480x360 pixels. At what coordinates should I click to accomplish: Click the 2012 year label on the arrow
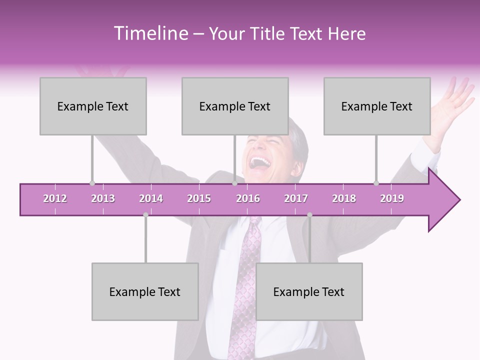point(55,198)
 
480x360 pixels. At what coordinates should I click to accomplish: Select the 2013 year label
point(103,198)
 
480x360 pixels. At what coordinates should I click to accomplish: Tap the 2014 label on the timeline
point(151,198)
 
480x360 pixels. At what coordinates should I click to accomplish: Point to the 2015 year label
point(199,198)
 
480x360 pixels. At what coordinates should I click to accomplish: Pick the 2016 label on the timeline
point(248,198)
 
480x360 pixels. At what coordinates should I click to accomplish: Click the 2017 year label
point(296,198)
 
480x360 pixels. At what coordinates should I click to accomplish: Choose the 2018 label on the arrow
point(344,198)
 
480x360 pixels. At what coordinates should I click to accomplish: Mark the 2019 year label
point(392,198)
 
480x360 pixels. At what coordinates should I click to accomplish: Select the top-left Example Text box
point(93,106)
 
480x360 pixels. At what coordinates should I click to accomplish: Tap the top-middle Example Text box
point(235,106)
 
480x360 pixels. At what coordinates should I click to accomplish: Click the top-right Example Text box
point(377,106)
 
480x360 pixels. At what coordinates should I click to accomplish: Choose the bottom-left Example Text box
point(145,291)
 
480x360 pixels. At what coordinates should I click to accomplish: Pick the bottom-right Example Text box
point(309,291)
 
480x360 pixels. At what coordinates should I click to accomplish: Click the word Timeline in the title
point(150,33)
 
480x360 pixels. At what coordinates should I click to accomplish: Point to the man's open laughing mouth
point(260,163)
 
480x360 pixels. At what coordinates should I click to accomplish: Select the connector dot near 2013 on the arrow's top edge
point(92,183)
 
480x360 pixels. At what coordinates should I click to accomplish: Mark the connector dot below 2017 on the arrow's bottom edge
point(309,215)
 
